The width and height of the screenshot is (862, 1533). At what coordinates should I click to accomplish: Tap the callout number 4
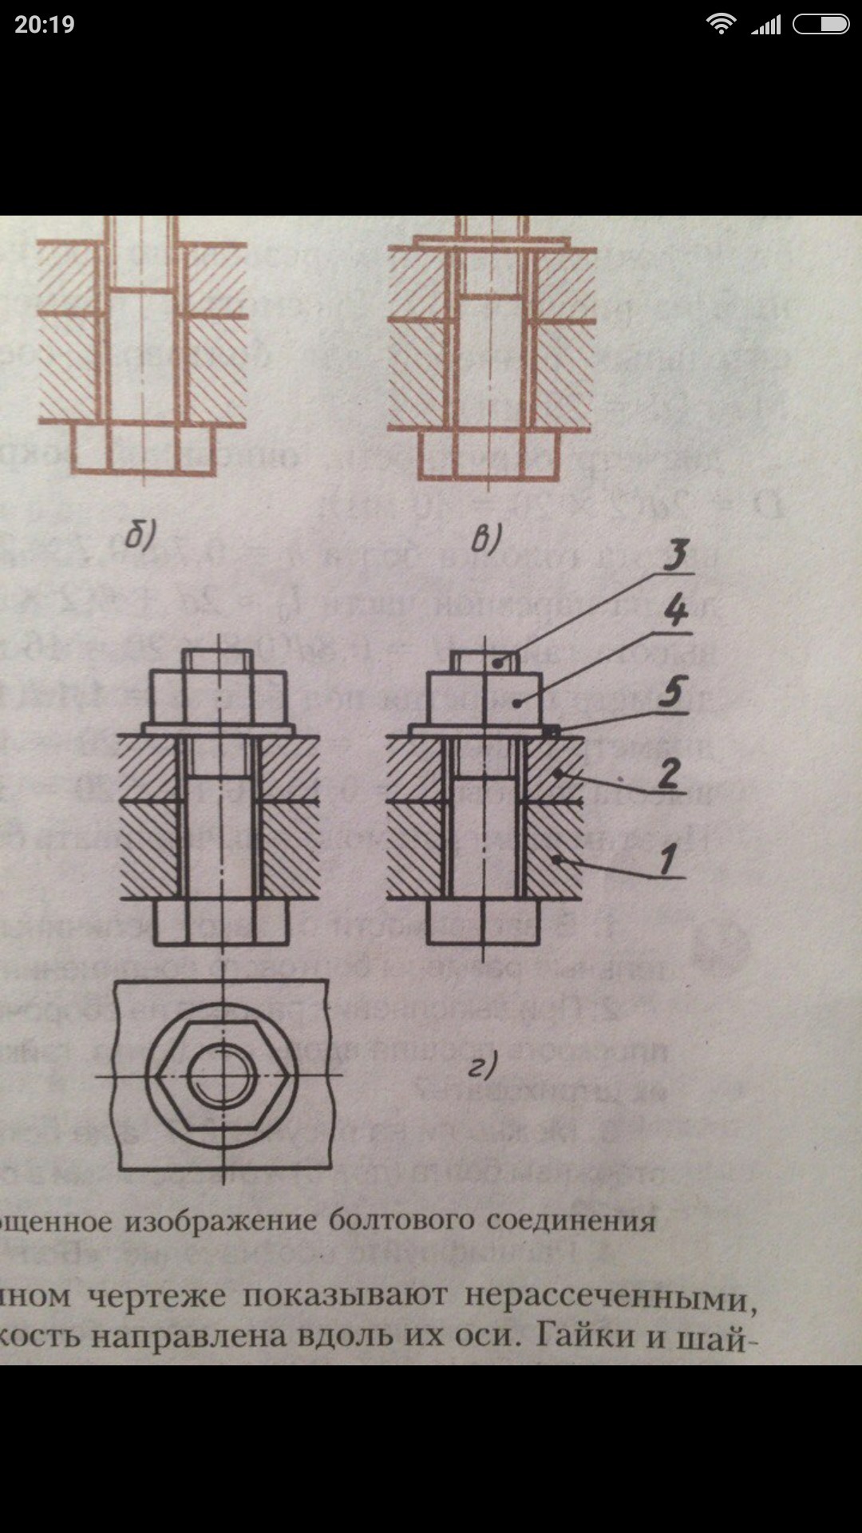[675, 612]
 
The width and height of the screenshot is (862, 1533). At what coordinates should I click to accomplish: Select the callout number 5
[673, 691]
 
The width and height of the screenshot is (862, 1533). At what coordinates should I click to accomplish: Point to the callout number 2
[669, 773]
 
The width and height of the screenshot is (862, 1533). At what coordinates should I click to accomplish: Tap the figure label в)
[484, 540]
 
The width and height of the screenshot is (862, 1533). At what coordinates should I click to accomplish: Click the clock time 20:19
[45, 25]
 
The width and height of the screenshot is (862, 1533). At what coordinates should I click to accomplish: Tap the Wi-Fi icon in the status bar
[721, 24]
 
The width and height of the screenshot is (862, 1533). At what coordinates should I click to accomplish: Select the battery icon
[820, 25]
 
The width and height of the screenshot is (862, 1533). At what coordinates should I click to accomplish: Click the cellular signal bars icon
[766, 26]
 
